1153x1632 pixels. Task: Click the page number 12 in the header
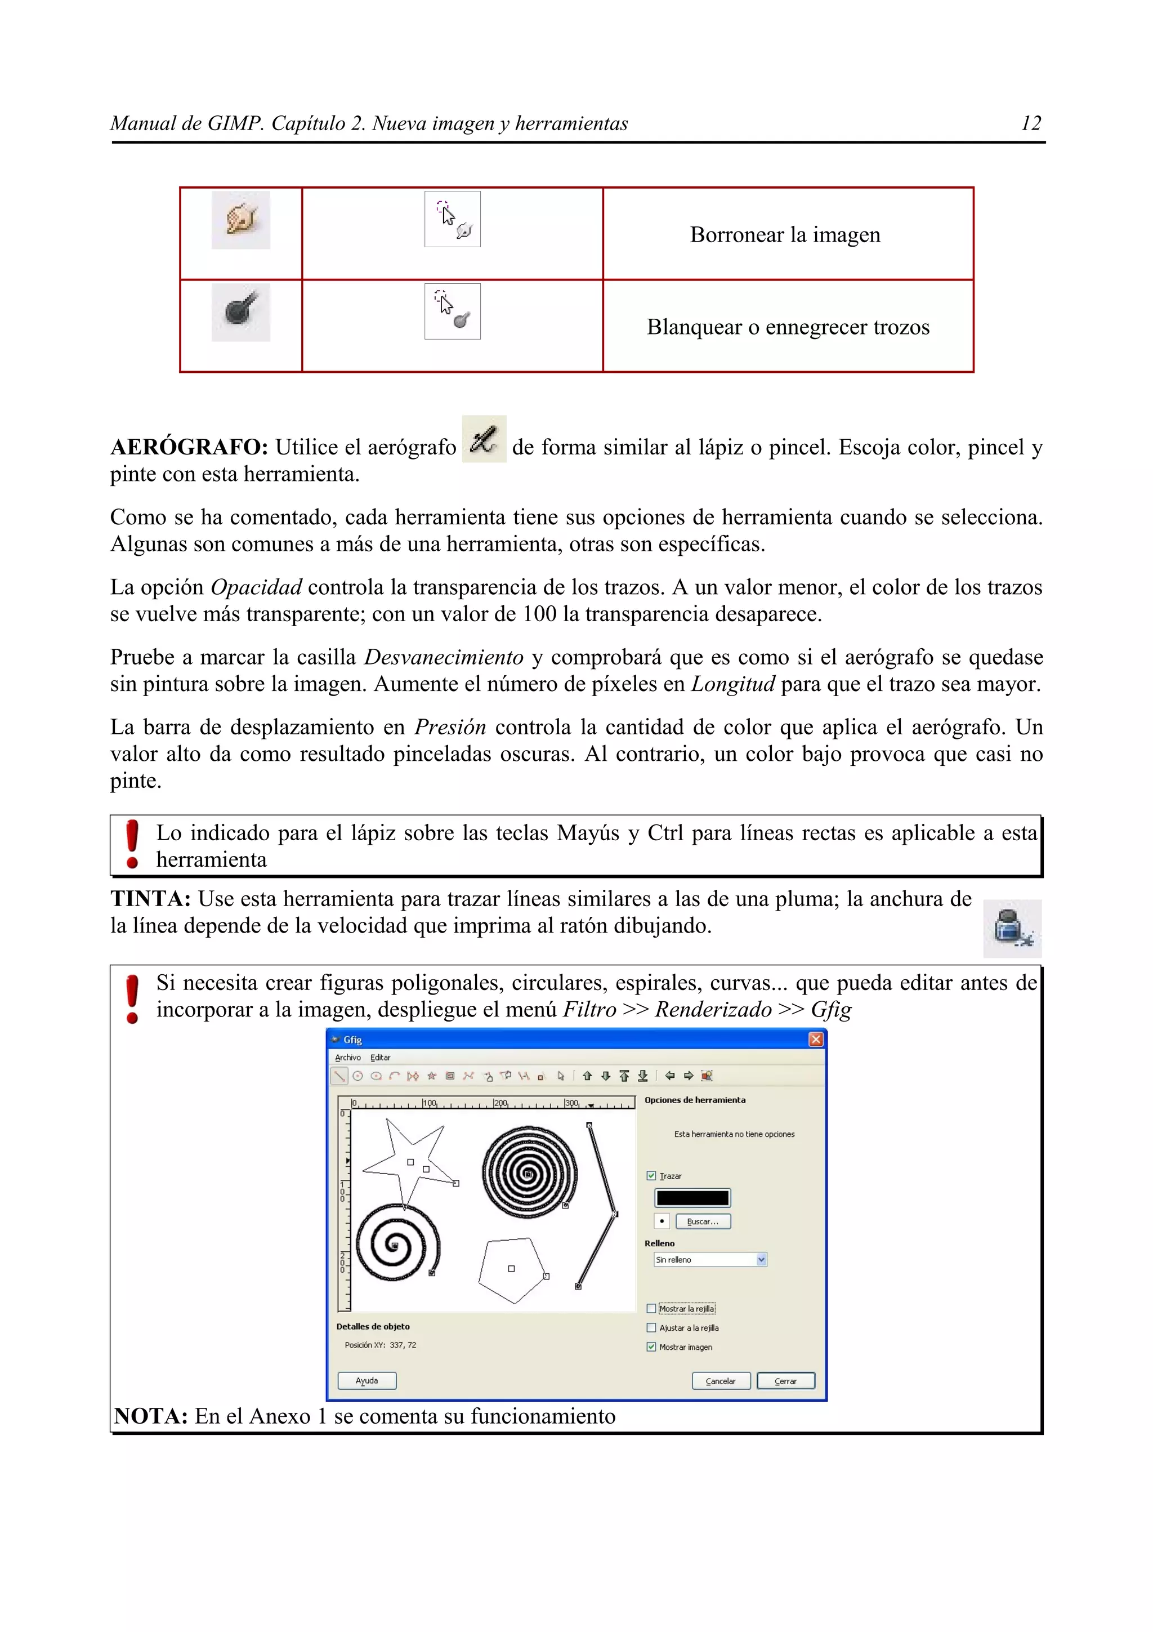[x=1030, y=124]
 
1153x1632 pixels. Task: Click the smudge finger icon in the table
[x=241, y=220]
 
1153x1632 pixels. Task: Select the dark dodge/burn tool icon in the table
[x=241, y=312]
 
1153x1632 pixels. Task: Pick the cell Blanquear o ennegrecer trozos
[x=788, y=327]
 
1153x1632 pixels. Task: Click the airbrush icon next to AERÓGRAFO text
[x=484, y=439]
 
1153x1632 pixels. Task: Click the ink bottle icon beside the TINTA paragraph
[x=1012, y=928]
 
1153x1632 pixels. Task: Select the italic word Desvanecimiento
[x=443, y=658]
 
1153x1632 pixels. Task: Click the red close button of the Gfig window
[x=816, y=1039]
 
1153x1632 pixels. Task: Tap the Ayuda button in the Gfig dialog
[x=367, y=1380]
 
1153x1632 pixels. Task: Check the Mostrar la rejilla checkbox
[x=651, y=1309]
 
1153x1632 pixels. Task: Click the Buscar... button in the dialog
[x=703, y=1221]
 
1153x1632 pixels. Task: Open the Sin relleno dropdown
[x=710, y=1260]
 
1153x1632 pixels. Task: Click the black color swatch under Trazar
[x=692, y=1198]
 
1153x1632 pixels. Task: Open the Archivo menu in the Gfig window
[x=348, y=1058]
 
